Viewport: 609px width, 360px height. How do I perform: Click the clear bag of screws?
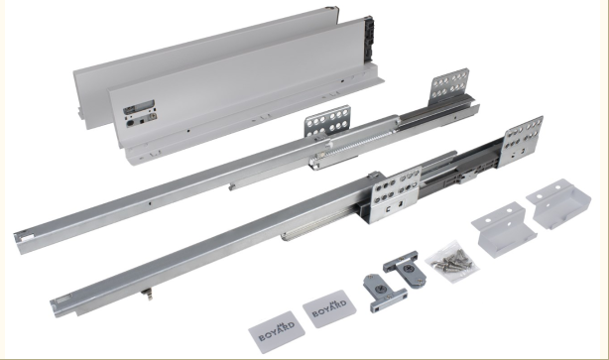tap(453, 261)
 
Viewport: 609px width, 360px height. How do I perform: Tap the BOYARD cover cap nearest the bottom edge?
tap(277, 331)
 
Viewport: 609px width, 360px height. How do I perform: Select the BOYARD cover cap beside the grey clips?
tap(329, 308)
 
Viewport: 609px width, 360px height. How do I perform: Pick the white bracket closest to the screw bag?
tap(504, 229)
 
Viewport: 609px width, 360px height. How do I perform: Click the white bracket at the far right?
tap(558, 203)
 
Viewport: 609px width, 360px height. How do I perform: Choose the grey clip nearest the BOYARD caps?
tap(384, 293)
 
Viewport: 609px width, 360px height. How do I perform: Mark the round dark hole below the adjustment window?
tap(130, 124)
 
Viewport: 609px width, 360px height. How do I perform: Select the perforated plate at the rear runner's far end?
tap(449, 86)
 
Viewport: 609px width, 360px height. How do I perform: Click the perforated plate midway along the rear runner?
tap(327, 121)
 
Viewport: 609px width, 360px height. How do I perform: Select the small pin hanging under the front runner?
tap(147, 295)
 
